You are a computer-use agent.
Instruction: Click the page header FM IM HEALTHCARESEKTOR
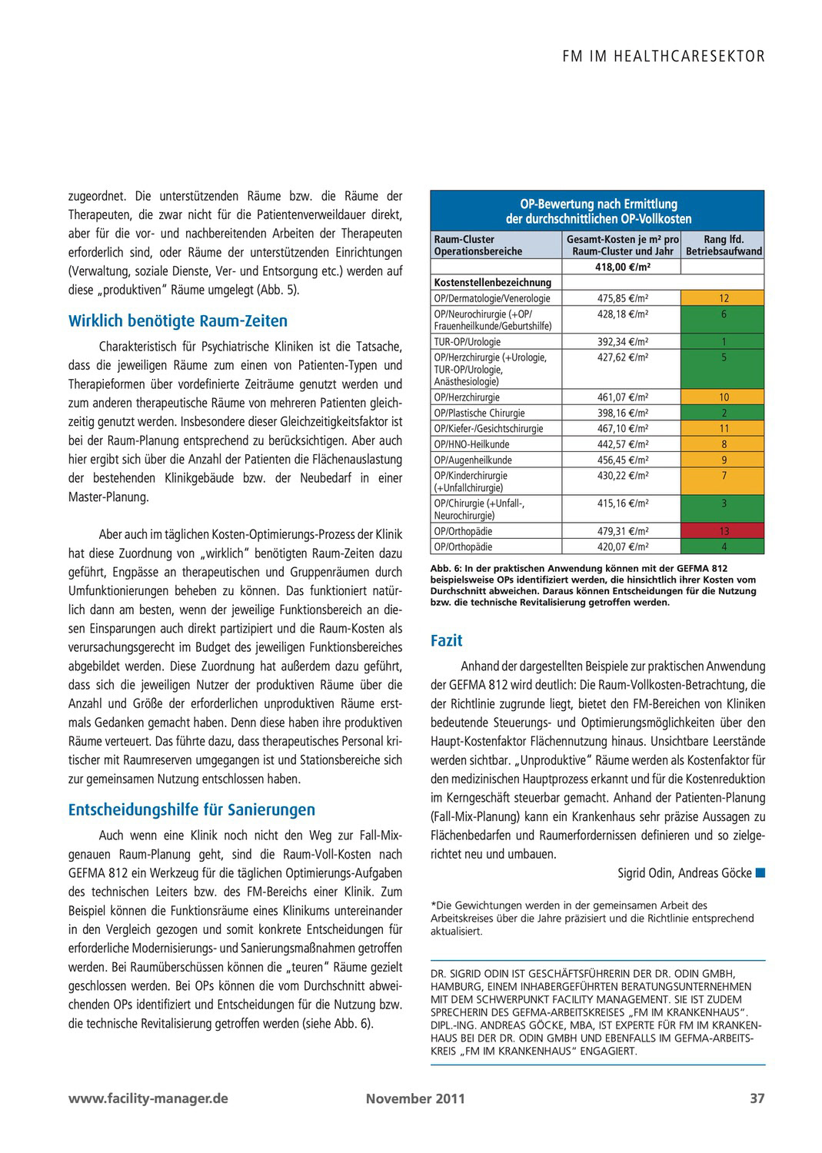(664, 56)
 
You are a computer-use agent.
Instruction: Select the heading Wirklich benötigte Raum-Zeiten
(178, 321)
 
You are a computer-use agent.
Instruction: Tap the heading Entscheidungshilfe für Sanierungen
(191, 810)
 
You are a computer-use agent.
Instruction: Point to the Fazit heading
(446, 641)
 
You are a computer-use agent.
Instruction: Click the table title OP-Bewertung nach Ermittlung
(598, 204)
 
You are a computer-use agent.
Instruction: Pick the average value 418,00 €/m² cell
(623, 267)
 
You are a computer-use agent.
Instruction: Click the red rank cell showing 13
(724, 531)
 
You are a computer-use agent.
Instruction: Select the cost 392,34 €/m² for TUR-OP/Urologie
(623, 341)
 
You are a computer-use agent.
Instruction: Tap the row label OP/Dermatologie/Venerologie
(492, 298)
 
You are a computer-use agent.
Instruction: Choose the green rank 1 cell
(724, 341)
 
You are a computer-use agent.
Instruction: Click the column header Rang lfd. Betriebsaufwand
(724, 245)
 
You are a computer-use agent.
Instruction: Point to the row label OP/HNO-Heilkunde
(471, 444)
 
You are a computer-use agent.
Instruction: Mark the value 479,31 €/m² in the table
(623, 531)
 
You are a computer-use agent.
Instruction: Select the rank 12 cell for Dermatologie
(724, 298)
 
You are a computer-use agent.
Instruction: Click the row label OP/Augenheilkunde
(473, 460)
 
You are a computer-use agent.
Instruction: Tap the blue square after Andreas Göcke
(760, 872)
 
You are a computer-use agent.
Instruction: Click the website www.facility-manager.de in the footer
(148, 1098)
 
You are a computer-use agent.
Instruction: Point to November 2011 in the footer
(415, 1098)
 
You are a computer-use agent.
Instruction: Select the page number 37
(757, 1098)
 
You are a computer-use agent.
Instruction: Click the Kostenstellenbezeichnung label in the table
(493, 282)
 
